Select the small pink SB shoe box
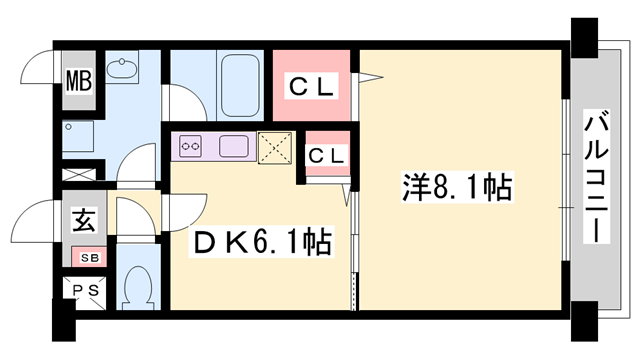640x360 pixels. point(88,258)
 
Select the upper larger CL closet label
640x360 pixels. point(312,87)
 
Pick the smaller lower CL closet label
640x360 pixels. point(326,155)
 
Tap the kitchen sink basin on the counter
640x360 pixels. point(236,146)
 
